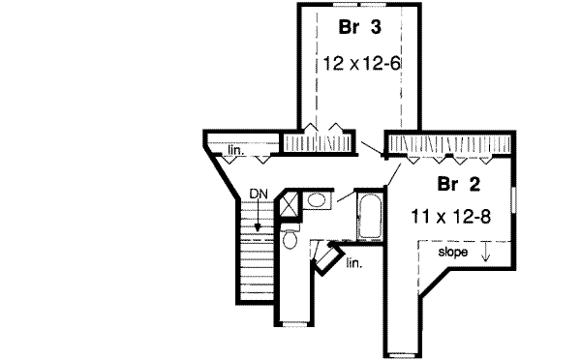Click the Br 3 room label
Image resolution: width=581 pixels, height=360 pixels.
[353, 27]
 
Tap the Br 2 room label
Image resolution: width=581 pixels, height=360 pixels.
[452, 183]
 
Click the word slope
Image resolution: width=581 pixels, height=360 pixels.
[452, 253]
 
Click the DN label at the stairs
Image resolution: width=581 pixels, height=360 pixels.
[257, 194]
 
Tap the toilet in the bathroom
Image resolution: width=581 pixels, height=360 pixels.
[290, 239]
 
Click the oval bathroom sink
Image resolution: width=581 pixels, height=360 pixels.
[316, 200]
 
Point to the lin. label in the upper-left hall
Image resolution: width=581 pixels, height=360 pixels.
[235, 151]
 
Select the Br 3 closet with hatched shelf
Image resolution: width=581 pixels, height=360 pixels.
[329, 142]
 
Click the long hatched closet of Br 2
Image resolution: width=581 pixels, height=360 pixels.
[450, 145]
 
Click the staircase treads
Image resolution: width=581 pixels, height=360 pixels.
[257, 261]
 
